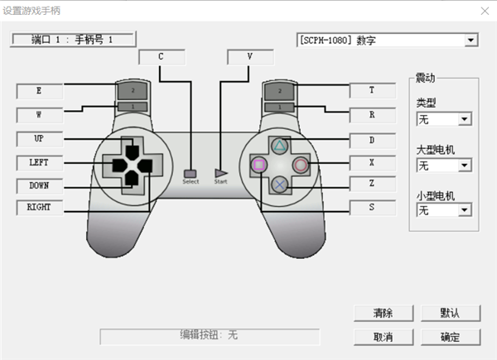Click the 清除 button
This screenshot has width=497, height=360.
(383, 314)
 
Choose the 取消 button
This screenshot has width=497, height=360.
(383, 337)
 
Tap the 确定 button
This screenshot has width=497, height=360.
(450, 337)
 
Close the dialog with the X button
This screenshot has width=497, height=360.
(484, 11)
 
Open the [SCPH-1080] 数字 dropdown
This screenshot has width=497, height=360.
(470, 40)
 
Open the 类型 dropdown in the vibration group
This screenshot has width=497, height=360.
(463, 119)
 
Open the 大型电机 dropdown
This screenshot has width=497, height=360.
(463, 166)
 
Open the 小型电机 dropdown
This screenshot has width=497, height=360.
(463, 210)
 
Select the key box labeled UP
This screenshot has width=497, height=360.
(39, 138)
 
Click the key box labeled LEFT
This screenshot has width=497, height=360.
(39, 162)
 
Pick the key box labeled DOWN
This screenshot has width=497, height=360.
(39, 185)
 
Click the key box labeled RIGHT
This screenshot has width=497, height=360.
(39, 208)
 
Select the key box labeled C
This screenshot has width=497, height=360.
(161, 56)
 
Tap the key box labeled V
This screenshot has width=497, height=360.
(249, 56)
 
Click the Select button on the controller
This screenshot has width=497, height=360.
(191, 174)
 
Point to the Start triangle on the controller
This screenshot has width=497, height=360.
(220, 174)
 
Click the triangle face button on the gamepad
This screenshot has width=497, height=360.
(280, 147)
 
